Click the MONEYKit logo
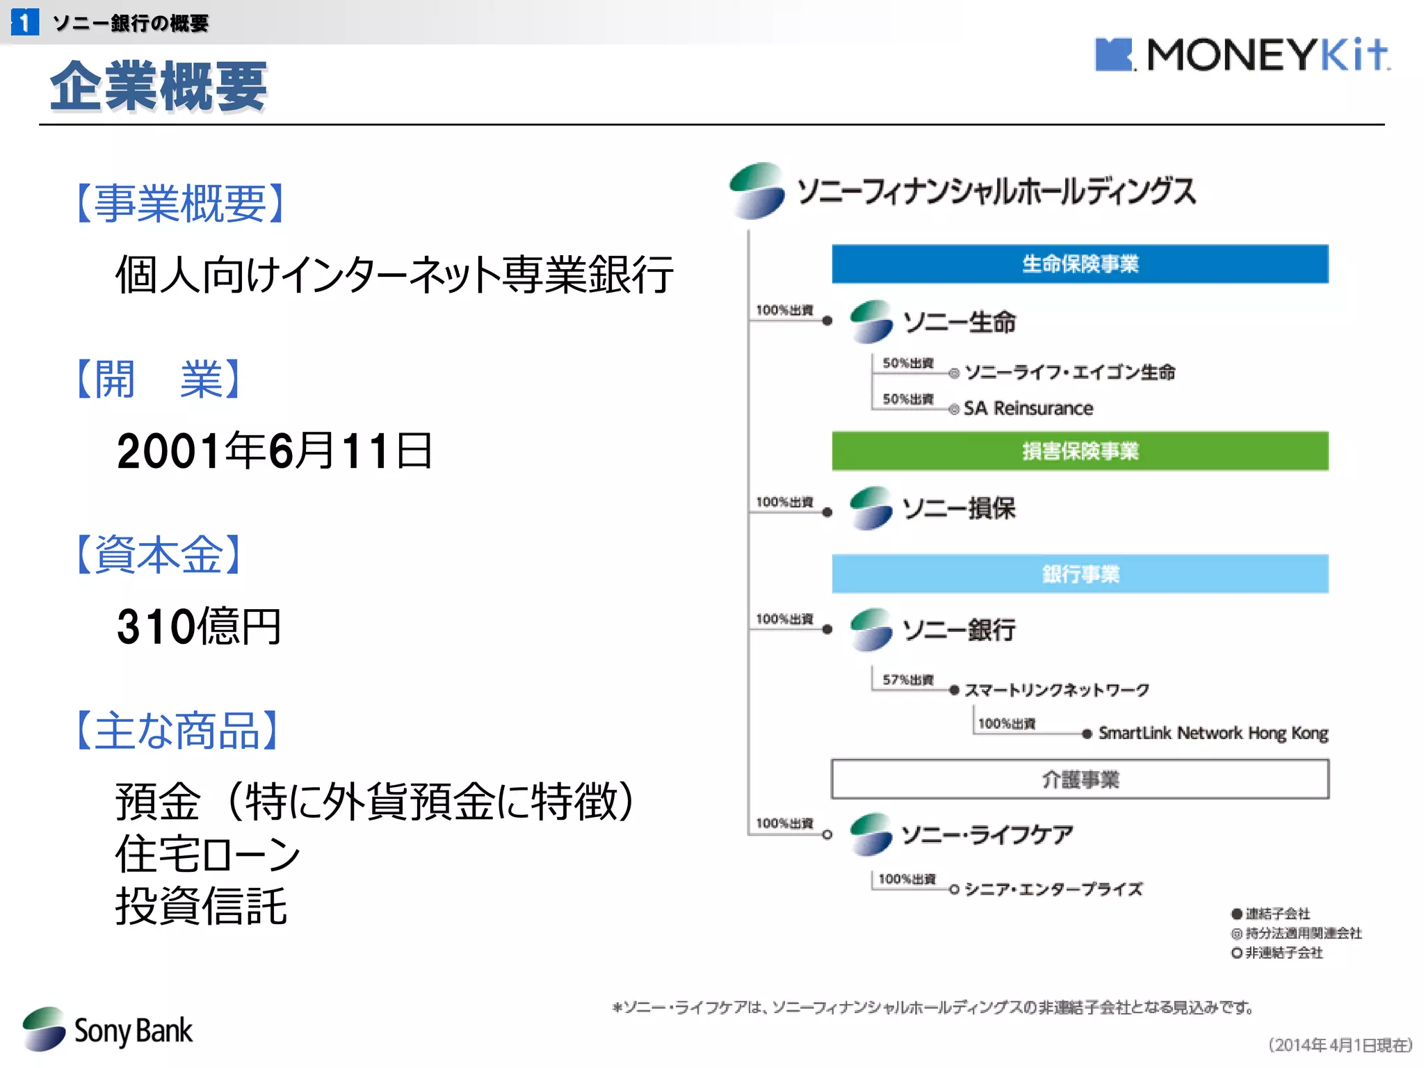point(1242,54)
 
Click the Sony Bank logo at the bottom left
point(108,1030)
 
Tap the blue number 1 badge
point(25,22)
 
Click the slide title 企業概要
point(159,86)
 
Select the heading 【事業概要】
point(180,204)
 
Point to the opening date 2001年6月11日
point(275,451)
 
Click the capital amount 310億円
point(199,626)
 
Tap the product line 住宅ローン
point(207,854)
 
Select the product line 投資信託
point(201,906)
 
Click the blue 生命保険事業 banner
point(1079,264)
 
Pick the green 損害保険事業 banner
point(1079,451)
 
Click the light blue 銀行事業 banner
point(1079,574)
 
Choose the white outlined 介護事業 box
point(1079,779)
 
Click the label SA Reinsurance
point(1028,408)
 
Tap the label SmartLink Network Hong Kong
point(1213,733)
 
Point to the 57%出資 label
point(907,679)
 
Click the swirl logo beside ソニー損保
point(871,508)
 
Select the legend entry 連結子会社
point(1277,914)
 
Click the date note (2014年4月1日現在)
point(1340,1044)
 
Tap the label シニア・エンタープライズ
point(1053,889)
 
